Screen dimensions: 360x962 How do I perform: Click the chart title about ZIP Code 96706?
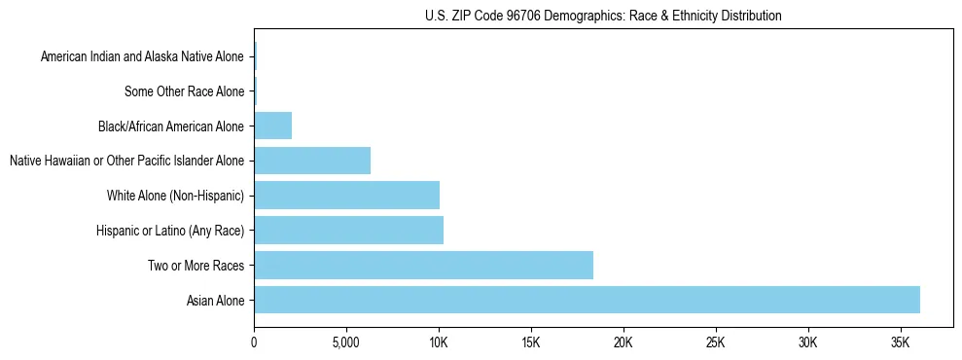point(603,16)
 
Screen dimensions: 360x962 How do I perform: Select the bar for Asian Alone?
point(587,300)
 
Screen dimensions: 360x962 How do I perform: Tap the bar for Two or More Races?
point(423,265)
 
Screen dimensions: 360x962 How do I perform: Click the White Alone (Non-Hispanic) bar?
point(346,195)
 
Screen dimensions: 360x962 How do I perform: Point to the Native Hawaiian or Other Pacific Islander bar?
point(312,161)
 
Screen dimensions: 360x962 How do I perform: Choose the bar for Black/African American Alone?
point(272,126)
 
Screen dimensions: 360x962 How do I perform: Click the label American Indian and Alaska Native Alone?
point(143,56)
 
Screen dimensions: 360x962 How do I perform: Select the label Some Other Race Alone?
point(185,91)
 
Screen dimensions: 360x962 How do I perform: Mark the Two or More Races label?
point(196,266)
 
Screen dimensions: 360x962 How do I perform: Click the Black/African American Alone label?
point(171,126)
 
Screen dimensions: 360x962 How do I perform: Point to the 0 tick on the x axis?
point(254,342)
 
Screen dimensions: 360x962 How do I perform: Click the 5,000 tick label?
point(346,342)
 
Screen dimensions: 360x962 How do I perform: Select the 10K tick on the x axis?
point(439,342)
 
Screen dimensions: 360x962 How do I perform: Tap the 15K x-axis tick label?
point(531,342)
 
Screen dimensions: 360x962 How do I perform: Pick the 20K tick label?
point(624,342)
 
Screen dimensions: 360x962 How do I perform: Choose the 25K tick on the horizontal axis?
point(716,342)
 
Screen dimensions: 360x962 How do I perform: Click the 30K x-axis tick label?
point(808,342)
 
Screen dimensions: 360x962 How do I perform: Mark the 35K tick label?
point(901,342)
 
